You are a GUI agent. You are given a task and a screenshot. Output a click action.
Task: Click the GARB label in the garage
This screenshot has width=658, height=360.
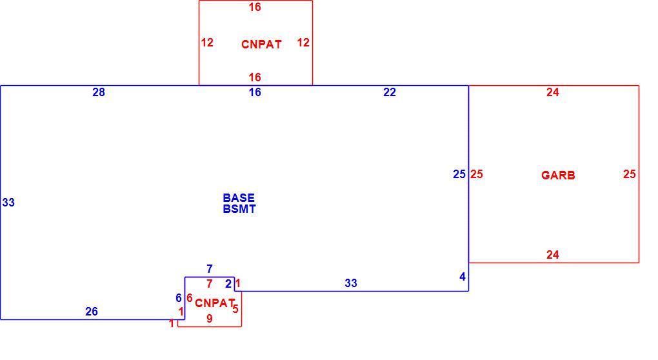[558, 175]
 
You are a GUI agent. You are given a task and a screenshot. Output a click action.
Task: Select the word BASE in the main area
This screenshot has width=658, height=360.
[238, 198]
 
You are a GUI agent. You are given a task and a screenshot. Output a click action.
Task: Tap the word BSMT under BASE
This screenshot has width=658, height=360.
[239, 209]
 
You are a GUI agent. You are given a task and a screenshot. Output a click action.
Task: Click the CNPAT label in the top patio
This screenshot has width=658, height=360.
[261, 45]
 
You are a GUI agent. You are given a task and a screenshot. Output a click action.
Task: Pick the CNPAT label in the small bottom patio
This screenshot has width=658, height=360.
[214, 303]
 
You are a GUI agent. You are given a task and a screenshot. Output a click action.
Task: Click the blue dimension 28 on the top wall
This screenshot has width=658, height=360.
[99, 92]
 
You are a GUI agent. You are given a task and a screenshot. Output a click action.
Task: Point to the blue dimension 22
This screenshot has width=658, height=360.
[390, 92]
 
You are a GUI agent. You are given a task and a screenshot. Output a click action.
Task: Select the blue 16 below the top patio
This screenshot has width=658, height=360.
[255, 92]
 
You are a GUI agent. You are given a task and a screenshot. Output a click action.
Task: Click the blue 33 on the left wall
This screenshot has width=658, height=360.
[8, 203]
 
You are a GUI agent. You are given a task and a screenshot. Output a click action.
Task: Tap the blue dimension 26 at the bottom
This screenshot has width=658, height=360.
[92, 312]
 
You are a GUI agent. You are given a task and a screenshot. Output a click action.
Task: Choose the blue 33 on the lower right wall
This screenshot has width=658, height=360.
[351, 283]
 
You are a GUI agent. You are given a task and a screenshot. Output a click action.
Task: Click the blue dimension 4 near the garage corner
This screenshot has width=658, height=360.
[463, 277]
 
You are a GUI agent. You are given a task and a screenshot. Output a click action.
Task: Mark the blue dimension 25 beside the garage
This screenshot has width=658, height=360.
[459, 174]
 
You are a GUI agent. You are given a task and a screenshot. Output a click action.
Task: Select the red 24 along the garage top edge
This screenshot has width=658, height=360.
[553, 92]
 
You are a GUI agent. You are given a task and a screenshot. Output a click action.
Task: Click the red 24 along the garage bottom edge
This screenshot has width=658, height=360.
[553, 255]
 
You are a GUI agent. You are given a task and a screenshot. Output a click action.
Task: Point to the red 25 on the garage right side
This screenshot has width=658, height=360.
[630, 174]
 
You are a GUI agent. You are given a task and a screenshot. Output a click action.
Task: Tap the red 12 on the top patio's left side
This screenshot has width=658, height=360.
[207, 43]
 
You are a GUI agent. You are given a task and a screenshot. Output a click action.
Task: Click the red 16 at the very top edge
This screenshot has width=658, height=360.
[255, 7]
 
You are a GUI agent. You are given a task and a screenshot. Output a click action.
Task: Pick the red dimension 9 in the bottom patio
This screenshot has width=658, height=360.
[210, 319]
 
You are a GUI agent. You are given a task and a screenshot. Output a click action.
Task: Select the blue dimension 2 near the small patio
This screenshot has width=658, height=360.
[228, 284]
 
